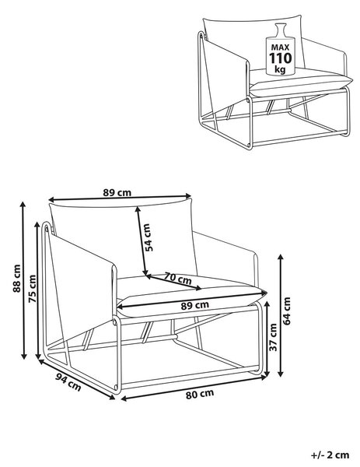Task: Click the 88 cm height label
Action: [x=16, y=278]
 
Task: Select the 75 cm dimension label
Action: [x=32, y=288]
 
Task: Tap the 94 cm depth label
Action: [x=68, y=382]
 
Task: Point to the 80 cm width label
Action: [x=200, y=394]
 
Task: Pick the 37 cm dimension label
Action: [x=273, y=337]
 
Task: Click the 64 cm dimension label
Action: [x=286, y=311]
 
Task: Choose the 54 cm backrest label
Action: [x=149, y=237]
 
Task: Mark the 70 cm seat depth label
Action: [x=178, y=279]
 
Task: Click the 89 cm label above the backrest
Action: [x=117, y=193]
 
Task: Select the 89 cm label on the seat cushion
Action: [x=195, y=305]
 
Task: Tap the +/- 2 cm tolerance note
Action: [x=330, y=455]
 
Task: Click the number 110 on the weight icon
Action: [x=281, y=58]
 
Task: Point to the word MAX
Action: [x=280, y=47]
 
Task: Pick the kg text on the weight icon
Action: [x=280, y=69]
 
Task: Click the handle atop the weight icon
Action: [x=280, y=30]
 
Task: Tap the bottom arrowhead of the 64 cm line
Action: [x=280, y=373]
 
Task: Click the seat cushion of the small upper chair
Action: [x=300, y=81]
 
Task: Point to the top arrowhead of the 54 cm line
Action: [x=138, y=209]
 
